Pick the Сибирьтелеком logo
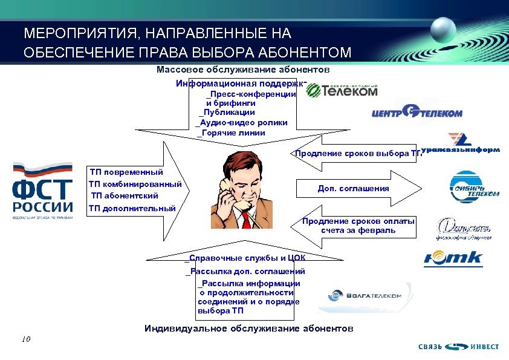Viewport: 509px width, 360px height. point(474,185)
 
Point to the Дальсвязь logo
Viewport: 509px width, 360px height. point(464,228)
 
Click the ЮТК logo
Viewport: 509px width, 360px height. point(453,258)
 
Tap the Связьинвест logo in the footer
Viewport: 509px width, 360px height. point(459,347)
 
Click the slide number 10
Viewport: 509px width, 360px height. point(25,339)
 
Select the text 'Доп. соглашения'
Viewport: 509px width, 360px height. point(353,189)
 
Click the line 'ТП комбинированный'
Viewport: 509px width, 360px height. point(135,184)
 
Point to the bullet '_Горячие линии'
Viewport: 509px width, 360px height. point(232,133)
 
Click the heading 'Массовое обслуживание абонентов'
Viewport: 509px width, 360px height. point(243,70)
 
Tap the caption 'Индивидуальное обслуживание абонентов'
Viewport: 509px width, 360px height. point(248,329)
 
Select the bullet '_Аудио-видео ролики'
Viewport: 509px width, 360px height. point(242,122)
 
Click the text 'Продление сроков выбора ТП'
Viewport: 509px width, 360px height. point(356,154)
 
